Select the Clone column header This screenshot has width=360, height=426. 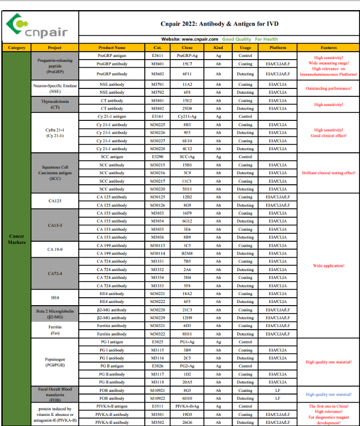click(x=187, y=47)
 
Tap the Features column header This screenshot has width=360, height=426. click(x=328, y=47)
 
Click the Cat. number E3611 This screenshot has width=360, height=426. click(x=158, y=55)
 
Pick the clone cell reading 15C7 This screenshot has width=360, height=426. click(x=187, y=63)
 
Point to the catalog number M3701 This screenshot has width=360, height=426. click(x=158, y=84)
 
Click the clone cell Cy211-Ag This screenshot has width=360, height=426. click(x=187, y=116)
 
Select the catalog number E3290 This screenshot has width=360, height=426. click(x=158, y=157)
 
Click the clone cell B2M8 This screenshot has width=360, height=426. click(x=187, y=253)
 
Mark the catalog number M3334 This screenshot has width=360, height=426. click(x=158, y=277)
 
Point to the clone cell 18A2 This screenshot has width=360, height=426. click(x=187, y=293)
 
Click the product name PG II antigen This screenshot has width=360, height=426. click(x=112, y=366)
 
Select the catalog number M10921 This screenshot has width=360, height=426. click(x=158, y=390)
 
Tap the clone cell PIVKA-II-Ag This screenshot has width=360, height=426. click(x=187, y=406)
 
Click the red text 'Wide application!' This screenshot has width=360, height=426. click(x=328, y=265)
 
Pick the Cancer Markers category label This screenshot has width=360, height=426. click(x=17, y=239)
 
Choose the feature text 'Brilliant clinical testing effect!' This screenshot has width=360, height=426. click(x=328, y=173)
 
